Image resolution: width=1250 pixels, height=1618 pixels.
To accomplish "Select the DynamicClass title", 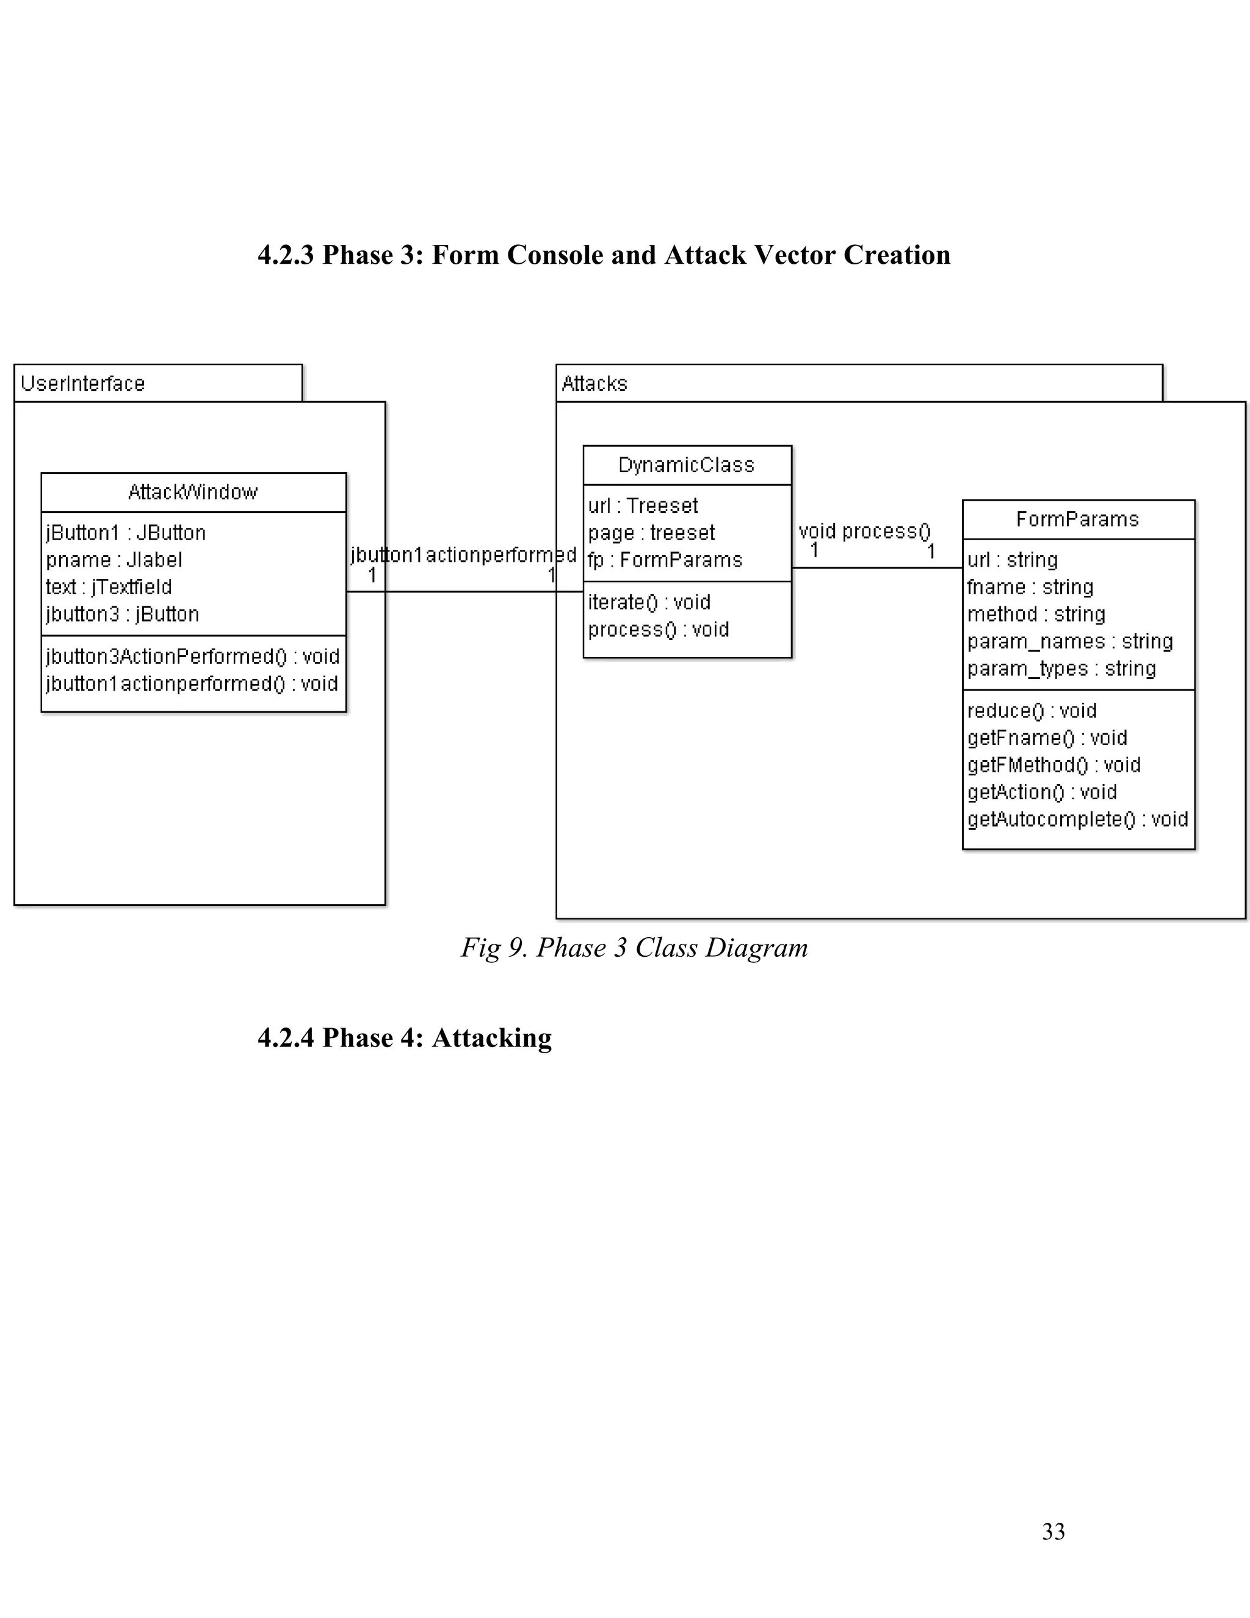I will [687, 465].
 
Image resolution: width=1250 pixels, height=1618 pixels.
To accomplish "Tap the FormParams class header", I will [1077, 520].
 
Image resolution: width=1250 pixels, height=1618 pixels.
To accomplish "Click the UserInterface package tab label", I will [83, 384].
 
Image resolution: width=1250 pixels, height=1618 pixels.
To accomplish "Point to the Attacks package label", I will [594, 384].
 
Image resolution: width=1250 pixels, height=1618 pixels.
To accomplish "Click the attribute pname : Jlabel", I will [114, 560].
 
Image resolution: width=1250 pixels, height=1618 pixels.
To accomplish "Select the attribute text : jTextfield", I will [109, 587].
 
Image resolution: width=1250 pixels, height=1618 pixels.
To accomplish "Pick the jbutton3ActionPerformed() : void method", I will [192, 657].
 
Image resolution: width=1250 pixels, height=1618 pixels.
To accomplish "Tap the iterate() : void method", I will [649, 602].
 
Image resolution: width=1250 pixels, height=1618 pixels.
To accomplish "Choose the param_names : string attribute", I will [1070, 642].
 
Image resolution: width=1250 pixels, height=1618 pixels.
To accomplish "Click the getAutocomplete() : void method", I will [1077, 819].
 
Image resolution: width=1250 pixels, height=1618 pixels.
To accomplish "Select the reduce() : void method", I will [1031, 711].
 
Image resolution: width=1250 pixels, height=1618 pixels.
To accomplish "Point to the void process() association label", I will [864, 531].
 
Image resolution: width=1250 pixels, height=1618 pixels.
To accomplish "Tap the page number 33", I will [1053, 1531].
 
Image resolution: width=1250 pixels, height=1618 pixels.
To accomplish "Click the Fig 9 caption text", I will [635, 948].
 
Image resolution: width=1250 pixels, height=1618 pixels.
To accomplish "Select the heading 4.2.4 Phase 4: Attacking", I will [404, 1038].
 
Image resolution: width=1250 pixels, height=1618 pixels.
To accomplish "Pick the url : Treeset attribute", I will [643, 506].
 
